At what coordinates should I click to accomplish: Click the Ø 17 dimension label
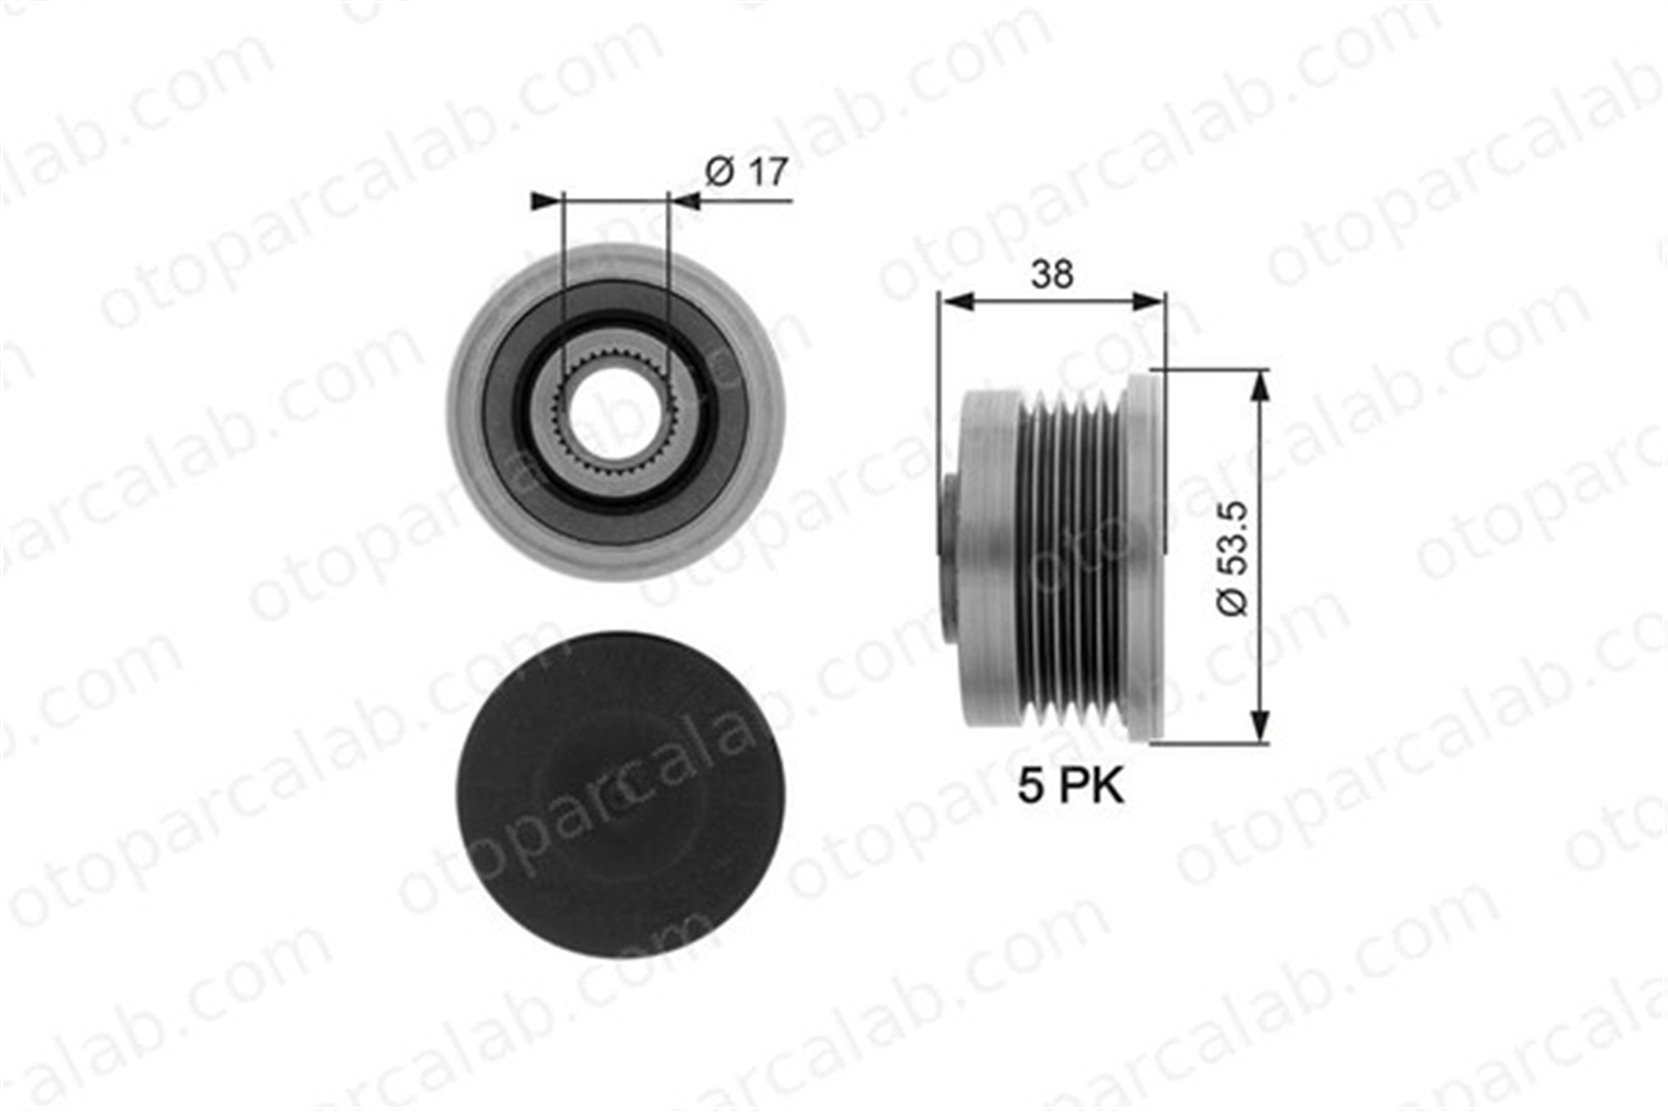(746, 172)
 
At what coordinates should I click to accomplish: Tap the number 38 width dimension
(1052, 274)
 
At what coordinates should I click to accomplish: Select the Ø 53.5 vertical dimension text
(1233, 559)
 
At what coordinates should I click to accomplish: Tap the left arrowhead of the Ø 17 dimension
(547, 201)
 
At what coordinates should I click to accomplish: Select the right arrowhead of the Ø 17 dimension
(685, 201)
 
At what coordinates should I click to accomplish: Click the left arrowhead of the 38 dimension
(956, 301)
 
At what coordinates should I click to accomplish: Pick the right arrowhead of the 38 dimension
(1147, 301)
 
